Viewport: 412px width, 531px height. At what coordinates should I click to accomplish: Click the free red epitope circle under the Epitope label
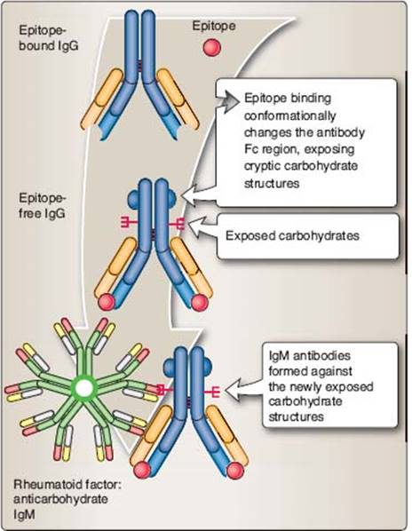pyautogui.click(x=212, y=47)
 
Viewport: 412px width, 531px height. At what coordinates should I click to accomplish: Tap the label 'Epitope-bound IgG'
pyautogui.click(x=49, y=38)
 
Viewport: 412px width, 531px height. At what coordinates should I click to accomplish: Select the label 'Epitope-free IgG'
pyautogui.click(x=43, y=205)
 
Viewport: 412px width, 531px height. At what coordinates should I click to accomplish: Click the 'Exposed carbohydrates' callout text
pyautogui.click(x=292, y=235)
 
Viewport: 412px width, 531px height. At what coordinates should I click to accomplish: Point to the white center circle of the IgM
pyautogui.click(x=84, y=388)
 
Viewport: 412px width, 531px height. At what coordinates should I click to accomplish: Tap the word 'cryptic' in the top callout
pyautogui.click(x=262, y=167)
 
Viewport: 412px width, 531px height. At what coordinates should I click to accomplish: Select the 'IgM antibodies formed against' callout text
pyautogui.click(x=310, y=363)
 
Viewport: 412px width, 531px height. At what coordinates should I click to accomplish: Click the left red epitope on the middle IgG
pyautogui.click(x=107, y=301)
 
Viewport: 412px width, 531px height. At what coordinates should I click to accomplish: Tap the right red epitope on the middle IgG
pyautogui.click(x=200, y=302)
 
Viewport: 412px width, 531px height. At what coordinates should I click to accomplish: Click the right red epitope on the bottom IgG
pyautogui.click(x=235, y=471)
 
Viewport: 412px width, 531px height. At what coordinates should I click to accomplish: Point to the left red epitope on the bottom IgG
pyautogui.click(x=142, y=470)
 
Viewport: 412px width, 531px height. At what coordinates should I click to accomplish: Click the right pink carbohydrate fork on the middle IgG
pyautogui.click(x=177, y=223)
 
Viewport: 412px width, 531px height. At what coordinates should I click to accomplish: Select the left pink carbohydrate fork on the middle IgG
pyautogui.click(x=129, y=222)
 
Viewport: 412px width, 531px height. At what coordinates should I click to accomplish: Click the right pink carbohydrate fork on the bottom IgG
pyautogui.click(x=212, y=392)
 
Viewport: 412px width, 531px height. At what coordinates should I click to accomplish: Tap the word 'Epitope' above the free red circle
pyautogui.click(x=214, y=26)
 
